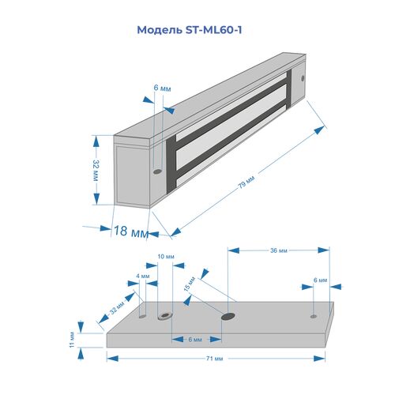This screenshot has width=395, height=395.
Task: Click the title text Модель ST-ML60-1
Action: tap(190, 30)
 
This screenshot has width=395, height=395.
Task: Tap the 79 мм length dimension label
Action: tap(246, 182)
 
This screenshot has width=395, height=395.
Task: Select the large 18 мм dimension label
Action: tap(131, 231)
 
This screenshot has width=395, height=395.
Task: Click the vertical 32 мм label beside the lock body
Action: tap(96, 170)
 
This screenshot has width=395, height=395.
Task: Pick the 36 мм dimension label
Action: tap(279, 250)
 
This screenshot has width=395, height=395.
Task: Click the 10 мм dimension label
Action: tap(166, 256)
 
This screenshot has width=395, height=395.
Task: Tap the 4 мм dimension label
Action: tap(143, 276)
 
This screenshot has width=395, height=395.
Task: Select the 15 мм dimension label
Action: tap(190, 284)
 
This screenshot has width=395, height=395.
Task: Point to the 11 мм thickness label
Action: tap(72, 340)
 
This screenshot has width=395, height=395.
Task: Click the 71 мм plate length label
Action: tap(214, 359)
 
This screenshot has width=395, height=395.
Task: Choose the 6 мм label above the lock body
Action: tap(162, 88)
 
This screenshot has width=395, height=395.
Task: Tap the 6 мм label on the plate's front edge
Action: tap(195, 340)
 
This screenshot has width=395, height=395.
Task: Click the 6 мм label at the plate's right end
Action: tap(320, 280)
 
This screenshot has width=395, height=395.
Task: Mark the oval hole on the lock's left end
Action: tap(157, 171)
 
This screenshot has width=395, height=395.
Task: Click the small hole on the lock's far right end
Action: tap(303, 78)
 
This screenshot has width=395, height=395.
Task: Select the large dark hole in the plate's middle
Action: tap(228, 316)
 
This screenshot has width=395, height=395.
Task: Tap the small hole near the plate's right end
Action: tap(314, 316)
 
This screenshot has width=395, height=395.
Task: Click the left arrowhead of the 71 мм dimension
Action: tap(112, 359)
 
